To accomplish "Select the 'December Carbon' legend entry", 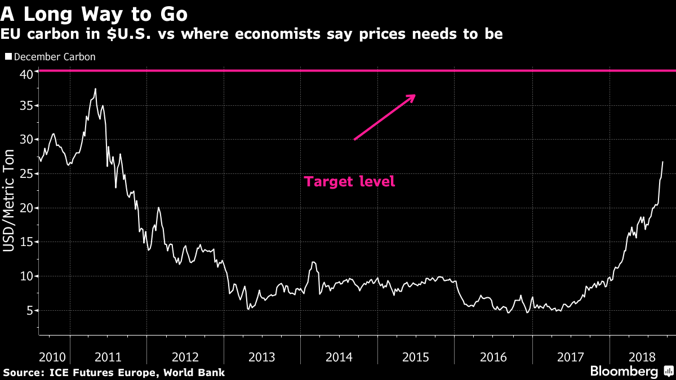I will coord(54,57).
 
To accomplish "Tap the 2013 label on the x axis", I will coord(262,357).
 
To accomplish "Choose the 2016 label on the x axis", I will coord(493,357).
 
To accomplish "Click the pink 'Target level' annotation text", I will coord(349,182).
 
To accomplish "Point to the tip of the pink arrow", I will coord(415,95).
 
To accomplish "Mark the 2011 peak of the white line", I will coord(95,88).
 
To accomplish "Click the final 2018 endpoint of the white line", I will coord(662,162).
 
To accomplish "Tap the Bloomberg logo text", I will coord(624,372).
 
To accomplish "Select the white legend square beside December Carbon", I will coord(8,57).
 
